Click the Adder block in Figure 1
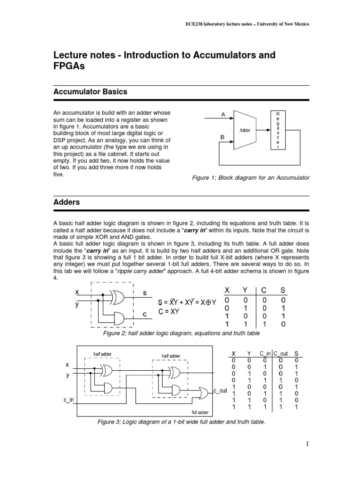246,130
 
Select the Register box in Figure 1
278,130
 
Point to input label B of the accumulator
222,137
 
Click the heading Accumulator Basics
90,92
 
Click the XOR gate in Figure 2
117,297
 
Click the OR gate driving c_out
204,392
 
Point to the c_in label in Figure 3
69,400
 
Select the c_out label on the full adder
220,391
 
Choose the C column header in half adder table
265,291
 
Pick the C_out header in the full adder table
280,353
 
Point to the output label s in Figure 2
145,293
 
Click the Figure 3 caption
181,422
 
